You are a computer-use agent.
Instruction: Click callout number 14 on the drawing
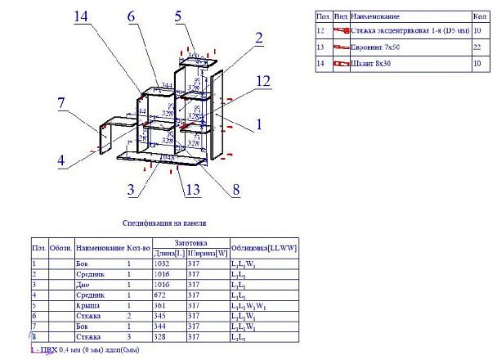82,16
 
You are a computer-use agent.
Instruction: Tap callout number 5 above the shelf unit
179,16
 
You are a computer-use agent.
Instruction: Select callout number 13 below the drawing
191,190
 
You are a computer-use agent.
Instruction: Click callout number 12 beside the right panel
262,80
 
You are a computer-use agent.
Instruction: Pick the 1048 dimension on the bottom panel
168,156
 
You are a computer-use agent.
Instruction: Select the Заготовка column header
190,242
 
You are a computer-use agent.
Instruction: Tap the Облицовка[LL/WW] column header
263,247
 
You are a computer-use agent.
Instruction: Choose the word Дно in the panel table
81,287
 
